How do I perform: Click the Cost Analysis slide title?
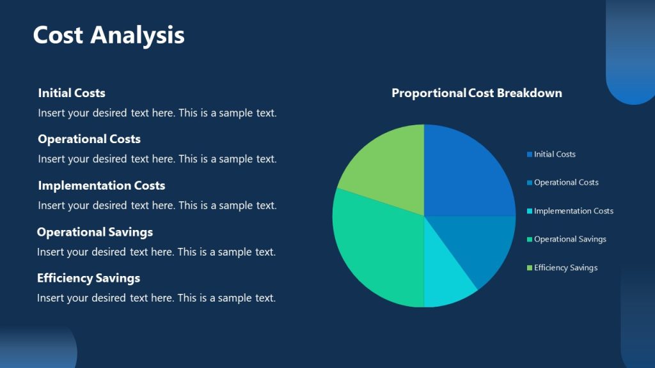coord(109,34)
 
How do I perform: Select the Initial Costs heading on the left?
coord(72,93)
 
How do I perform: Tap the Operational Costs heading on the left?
coord(89,139)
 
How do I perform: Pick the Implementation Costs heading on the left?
coord(101,186)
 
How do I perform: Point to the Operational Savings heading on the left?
coord(95,232)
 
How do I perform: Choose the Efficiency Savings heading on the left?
coord(88,278)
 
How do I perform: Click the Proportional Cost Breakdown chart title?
coord(477,93)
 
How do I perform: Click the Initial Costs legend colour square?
coord(530,155)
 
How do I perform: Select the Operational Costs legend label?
coord(566,183)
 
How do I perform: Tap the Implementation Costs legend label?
coord(573,211)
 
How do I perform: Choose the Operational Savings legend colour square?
coord(530,240)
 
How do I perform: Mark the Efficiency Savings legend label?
coord(565,268)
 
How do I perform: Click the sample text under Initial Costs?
coord(157,113)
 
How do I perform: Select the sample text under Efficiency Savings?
coord(156,298)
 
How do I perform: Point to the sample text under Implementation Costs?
coord(157,206)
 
